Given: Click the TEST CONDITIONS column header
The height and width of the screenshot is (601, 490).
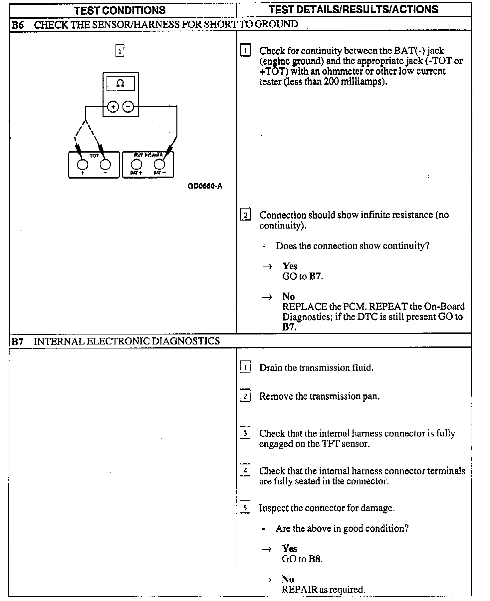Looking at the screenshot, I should tap(120, 10).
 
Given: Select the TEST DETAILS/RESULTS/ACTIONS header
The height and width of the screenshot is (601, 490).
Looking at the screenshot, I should tap(353, 10).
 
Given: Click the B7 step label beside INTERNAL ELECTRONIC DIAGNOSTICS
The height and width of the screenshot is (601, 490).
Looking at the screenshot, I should tap(18, 341).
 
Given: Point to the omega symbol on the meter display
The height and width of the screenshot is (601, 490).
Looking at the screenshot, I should tap(120, 84).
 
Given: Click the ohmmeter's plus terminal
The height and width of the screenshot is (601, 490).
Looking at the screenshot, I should tap(113, 107).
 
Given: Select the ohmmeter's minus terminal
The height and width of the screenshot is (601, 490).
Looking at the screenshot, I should tap(128, 107).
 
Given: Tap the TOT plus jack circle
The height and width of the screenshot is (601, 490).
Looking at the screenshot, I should tap(83, 165).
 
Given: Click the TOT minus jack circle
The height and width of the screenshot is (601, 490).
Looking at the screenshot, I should tap(105, 165).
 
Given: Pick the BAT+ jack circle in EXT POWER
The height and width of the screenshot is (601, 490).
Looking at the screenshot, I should tap(136, 165).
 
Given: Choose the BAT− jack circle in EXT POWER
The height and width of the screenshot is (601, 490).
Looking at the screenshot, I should tap(159, 165).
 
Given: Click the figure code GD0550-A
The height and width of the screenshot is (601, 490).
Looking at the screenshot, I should tap(205, 186).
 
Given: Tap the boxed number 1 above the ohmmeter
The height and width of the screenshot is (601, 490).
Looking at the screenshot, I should tap(120, 51).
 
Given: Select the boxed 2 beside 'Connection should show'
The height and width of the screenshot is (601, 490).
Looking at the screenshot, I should tap(245, 215).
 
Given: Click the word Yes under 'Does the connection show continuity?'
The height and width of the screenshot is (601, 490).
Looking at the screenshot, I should tap(290, 266).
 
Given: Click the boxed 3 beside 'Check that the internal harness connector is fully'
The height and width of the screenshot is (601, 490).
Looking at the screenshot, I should tap(245, 433).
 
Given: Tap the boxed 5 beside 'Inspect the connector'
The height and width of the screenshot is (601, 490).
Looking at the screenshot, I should tap(245, 508).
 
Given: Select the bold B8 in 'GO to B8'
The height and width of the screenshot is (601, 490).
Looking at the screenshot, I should tap(315, 559).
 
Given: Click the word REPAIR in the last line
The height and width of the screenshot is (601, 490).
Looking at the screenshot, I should tap(299, 590).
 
